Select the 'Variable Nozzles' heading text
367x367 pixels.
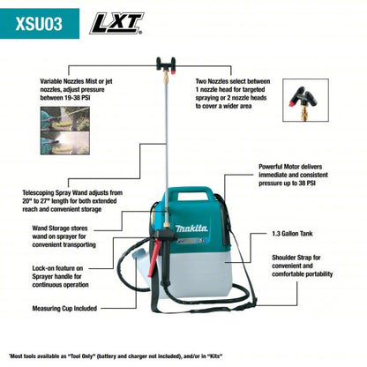tap(68, 81)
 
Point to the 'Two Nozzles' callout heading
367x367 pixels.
tap(217, 81)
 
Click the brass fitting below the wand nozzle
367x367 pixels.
tap(162, 83)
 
